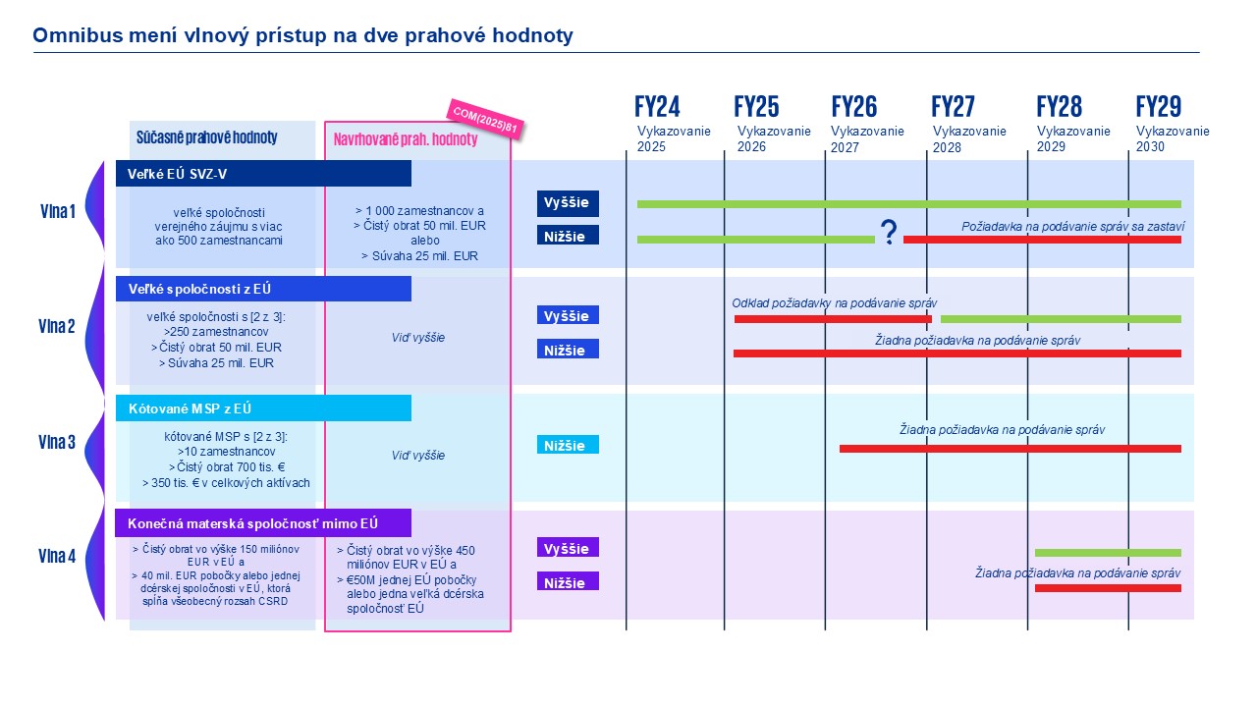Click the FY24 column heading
[657, 107]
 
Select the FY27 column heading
[953, 107]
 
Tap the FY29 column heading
[1158, 107]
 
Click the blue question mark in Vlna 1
[889, 233]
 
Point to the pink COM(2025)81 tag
[481, 119]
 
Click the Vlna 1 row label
[57, 210]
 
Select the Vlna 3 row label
[57, 442]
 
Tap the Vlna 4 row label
[57, 557]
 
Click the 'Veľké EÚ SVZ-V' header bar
[263, 174]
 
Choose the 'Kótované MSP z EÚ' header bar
[263, 408]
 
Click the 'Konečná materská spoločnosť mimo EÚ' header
[263, 523]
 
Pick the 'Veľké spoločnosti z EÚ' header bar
[263, 289]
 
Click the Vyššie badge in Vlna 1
[568, 203]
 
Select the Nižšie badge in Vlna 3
[568, 445]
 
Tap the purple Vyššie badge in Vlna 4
[568, 548]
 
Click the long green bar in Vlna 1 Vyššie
[908, 204]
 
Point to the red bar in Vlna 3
[1010, 449]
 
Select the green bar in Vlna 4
[1108, 553]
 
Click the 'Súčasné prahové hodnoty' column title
[220, 138]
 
